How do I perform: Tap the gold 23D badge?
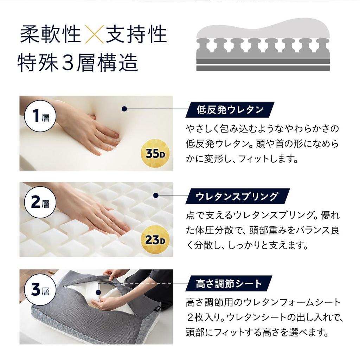coord(155,240)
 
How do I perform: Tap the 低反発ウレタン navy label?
coord(230,110)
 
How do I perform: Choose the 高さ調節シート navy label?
coord(229,283)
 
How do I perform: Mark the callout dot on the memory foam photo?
coord(124,109)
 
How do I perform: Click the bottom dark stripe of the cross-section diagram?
coord(263,68)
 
